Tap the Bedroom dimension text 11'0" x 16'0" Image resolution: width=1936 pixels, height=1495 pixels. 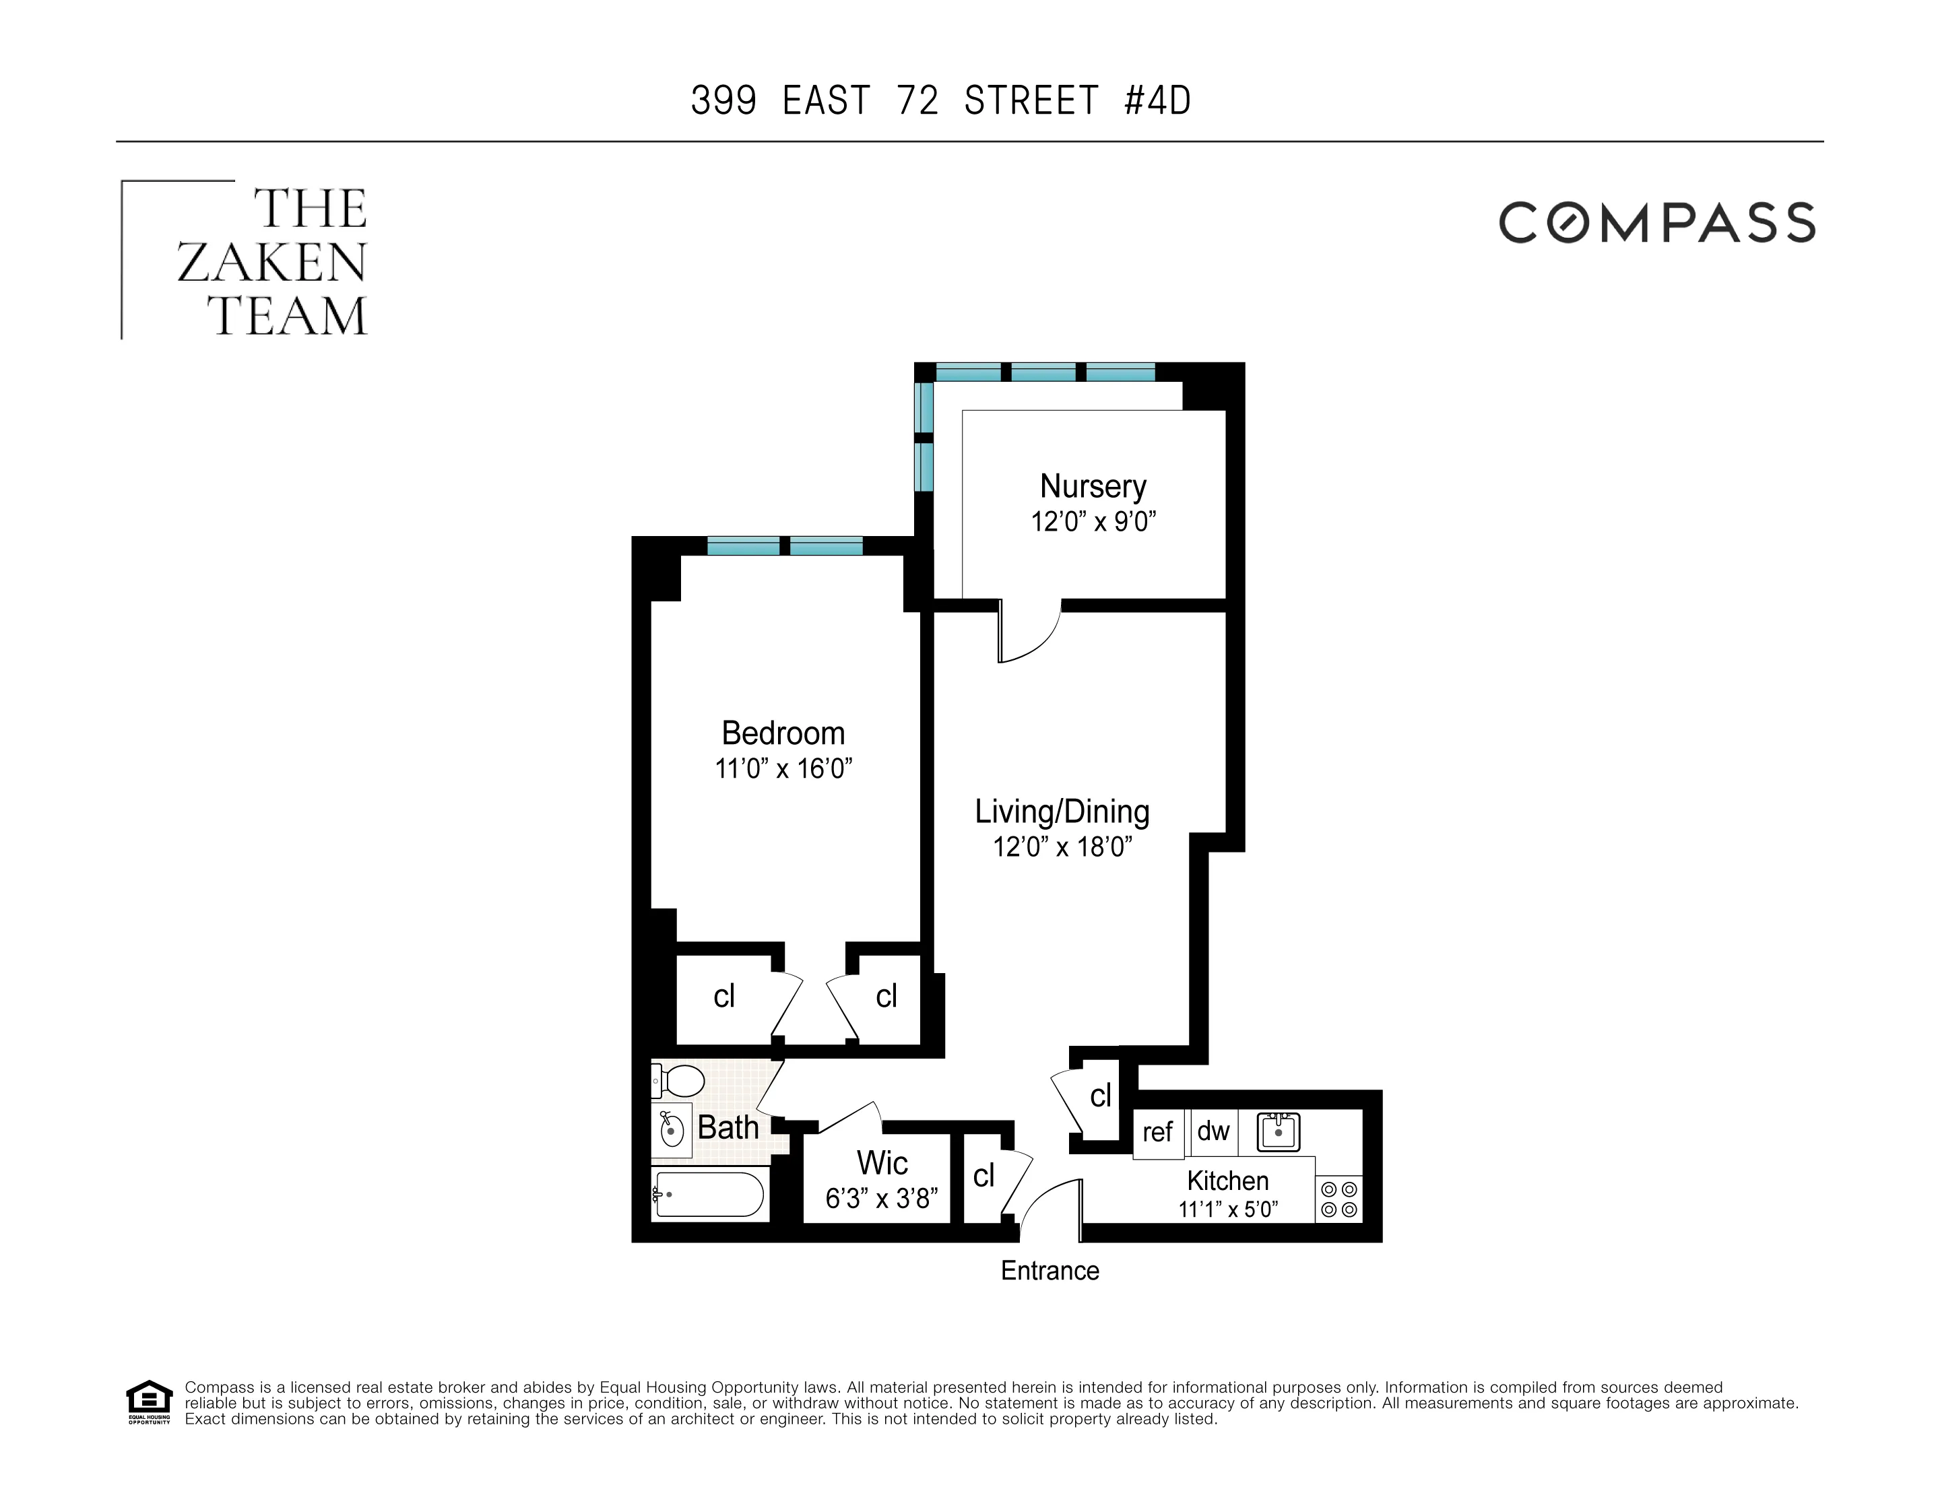[x=783, y=768]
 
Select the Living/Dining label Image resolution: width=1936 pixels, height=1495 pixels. [x=1062, y=811]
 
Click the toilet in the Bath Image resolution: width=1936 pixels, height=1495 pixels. [x=680, y=1081]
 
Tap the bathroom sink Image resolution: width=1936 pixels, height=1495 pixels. [x=672, y=1131]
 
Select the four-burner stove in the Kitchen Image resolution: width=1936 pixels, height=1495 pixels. [x=1338, y=1199]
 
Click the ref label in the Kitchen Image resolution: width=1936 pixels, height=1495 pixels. [x=1157, y=1131]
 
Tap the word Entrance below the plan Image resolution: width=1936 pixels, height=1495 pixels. [x=1050, y=1270]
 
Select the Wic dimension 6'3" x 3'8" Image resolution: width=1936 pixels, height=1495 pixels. [x=881, y=1198]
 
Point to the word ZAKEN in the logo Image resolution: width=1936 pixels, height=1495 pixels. [x=271, y=263]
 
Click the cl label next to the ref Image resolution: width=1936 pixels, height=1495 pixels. [x=1100, y=1096]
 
